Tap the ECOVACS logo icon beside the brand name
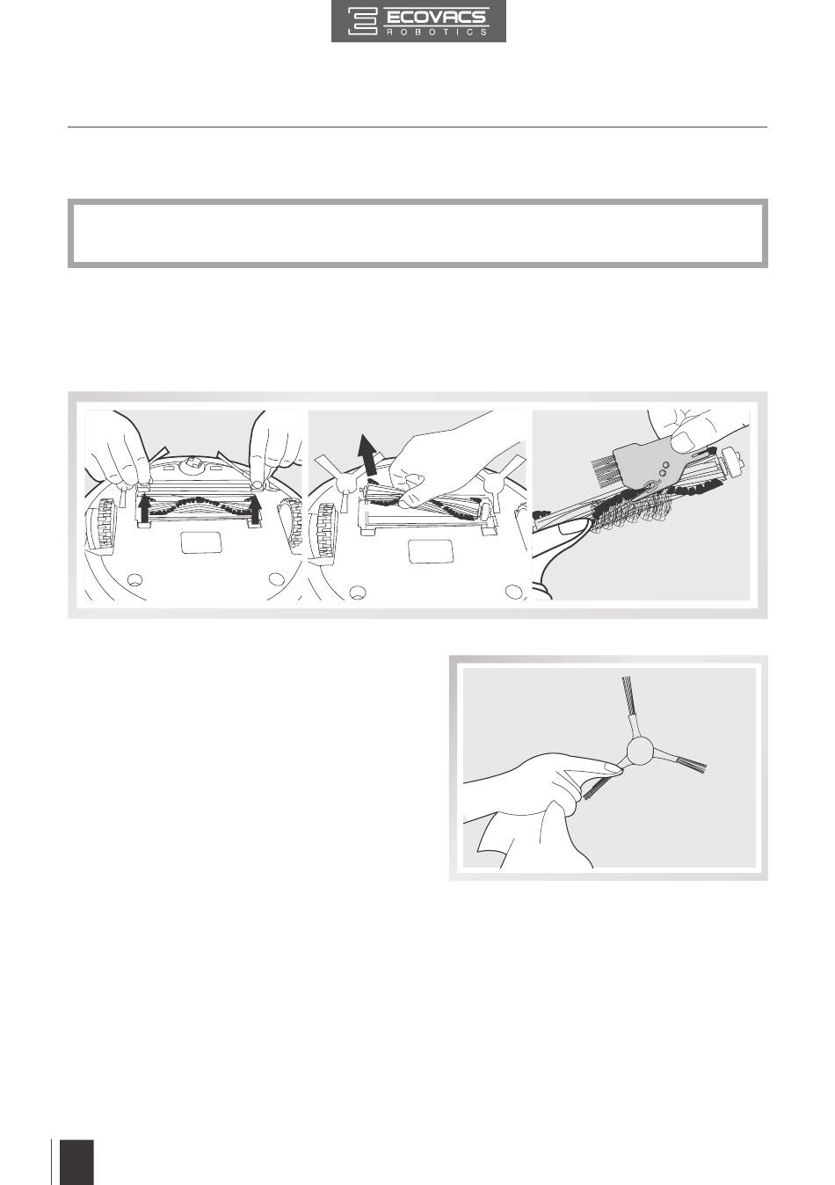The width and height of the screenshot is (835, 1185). [x=363, y=22]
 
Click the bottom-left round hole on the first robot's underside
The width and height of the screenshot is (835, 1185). [x=133, y=579]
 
